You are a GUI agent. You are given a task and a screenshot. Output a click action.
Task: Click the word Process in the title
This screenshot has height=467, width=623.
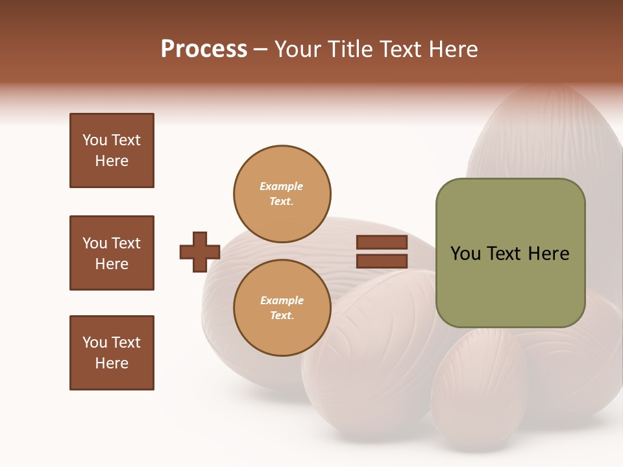coord(204,49)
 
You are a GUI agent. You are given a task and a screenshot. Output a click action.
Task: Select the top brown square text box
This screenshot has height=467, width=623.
coord(112,150)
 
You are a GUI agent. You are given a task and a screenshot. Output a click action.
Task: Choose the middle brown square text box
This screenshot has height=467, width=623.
coord(112,253)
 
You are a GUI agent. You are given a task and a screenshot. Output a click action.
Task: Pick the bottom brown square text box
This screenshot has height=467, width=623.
coord(112,353)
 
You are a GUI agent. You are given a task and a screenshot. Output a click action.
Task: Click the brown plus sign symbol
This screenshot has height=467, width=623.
coord(200,252)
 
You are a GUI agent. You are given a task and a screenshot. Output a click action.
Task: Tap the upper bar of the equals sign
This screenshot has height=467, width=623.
coord(382,243)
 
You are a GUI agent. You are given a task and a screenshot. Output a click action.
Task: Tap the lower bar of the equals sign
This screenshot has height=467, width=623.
coord(382,261)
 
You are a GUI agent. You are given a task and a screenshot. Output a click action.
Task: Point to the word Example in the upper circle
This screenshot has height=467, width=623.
coord(281,186)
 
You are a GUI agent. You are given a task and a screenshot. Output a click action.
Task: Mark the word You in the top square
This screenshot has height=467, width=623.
coord(95,140)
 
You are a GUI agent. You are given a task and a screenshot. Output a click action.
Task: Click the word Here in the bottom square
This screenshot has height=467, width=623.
coord(112,363)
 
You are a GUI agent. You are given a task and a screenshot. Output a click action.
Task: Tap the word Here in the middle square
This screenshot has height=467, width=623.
coord(112,264)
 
